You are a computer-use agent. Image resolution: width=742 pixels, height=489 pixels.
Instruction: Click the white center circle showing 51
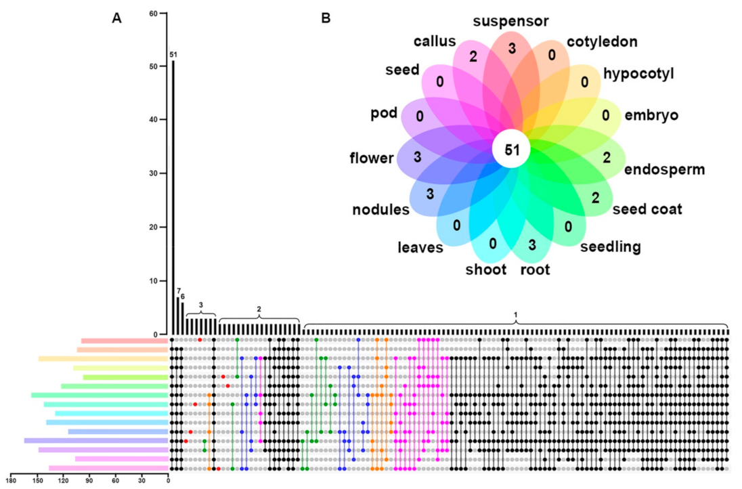pyautogui.click(x=510, y=150)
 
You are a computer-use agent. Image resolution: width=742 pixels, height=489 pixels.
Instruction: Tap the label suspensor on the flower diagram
pyautogui.click(x=510, y=21)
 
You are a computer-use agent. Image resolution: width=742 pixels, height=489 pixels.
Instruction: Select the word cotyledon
pyautogui.click(x=602, y=42)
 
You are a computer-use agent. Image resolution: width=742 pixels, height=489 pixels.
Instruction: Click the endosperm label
pyautogui.click(x=664, y=169)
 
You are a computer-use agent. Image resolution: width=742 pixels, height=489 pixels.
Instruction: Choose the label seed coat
pyautogui.click(x=647, y=209)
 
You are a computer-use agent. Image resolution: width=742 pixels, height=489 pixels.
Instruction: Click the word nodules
pyautogui.click(x=380, y=209)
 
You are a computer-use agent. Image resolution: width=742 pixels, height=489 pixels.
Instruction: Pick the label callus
pyautogui.click(x=434, y=41)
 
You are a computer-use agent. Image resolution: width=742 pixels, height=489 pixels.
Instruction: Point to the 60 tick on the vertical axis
pyautogui.click(x=154, y=14)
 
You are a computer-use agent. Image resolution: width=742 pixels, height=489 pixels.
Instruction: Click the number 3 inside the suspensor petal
pyautogui.click(x=512, y=48)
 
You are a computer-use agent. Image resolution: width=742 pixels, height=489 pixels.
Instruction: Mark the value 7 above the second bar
pyautogui.click(x=178, y=291)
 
